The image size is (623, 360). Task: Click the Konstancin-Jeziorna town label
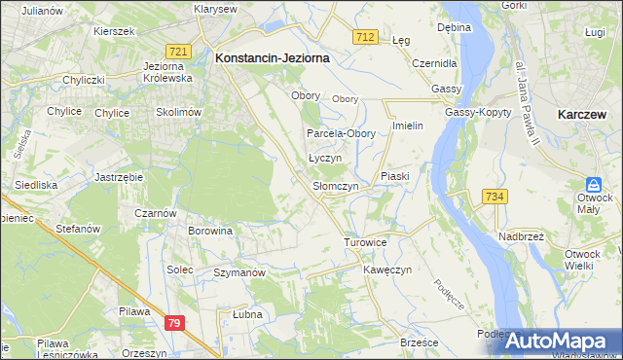272,58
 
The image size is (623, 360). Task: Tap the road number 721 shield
177,51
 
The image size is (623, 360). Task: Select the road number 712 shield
365,37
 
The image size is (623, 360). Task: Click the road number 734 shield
495,197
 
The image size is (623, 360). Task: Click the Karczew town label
584,114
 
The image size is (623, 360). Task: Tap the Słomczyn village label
336,186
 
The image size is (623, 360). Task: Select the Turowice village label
366,241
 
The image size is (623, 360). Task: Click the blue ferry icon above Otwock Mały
593,184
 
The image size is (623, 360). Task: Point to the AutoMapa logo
561,341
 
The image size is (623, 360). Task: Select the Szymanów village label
239,273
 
